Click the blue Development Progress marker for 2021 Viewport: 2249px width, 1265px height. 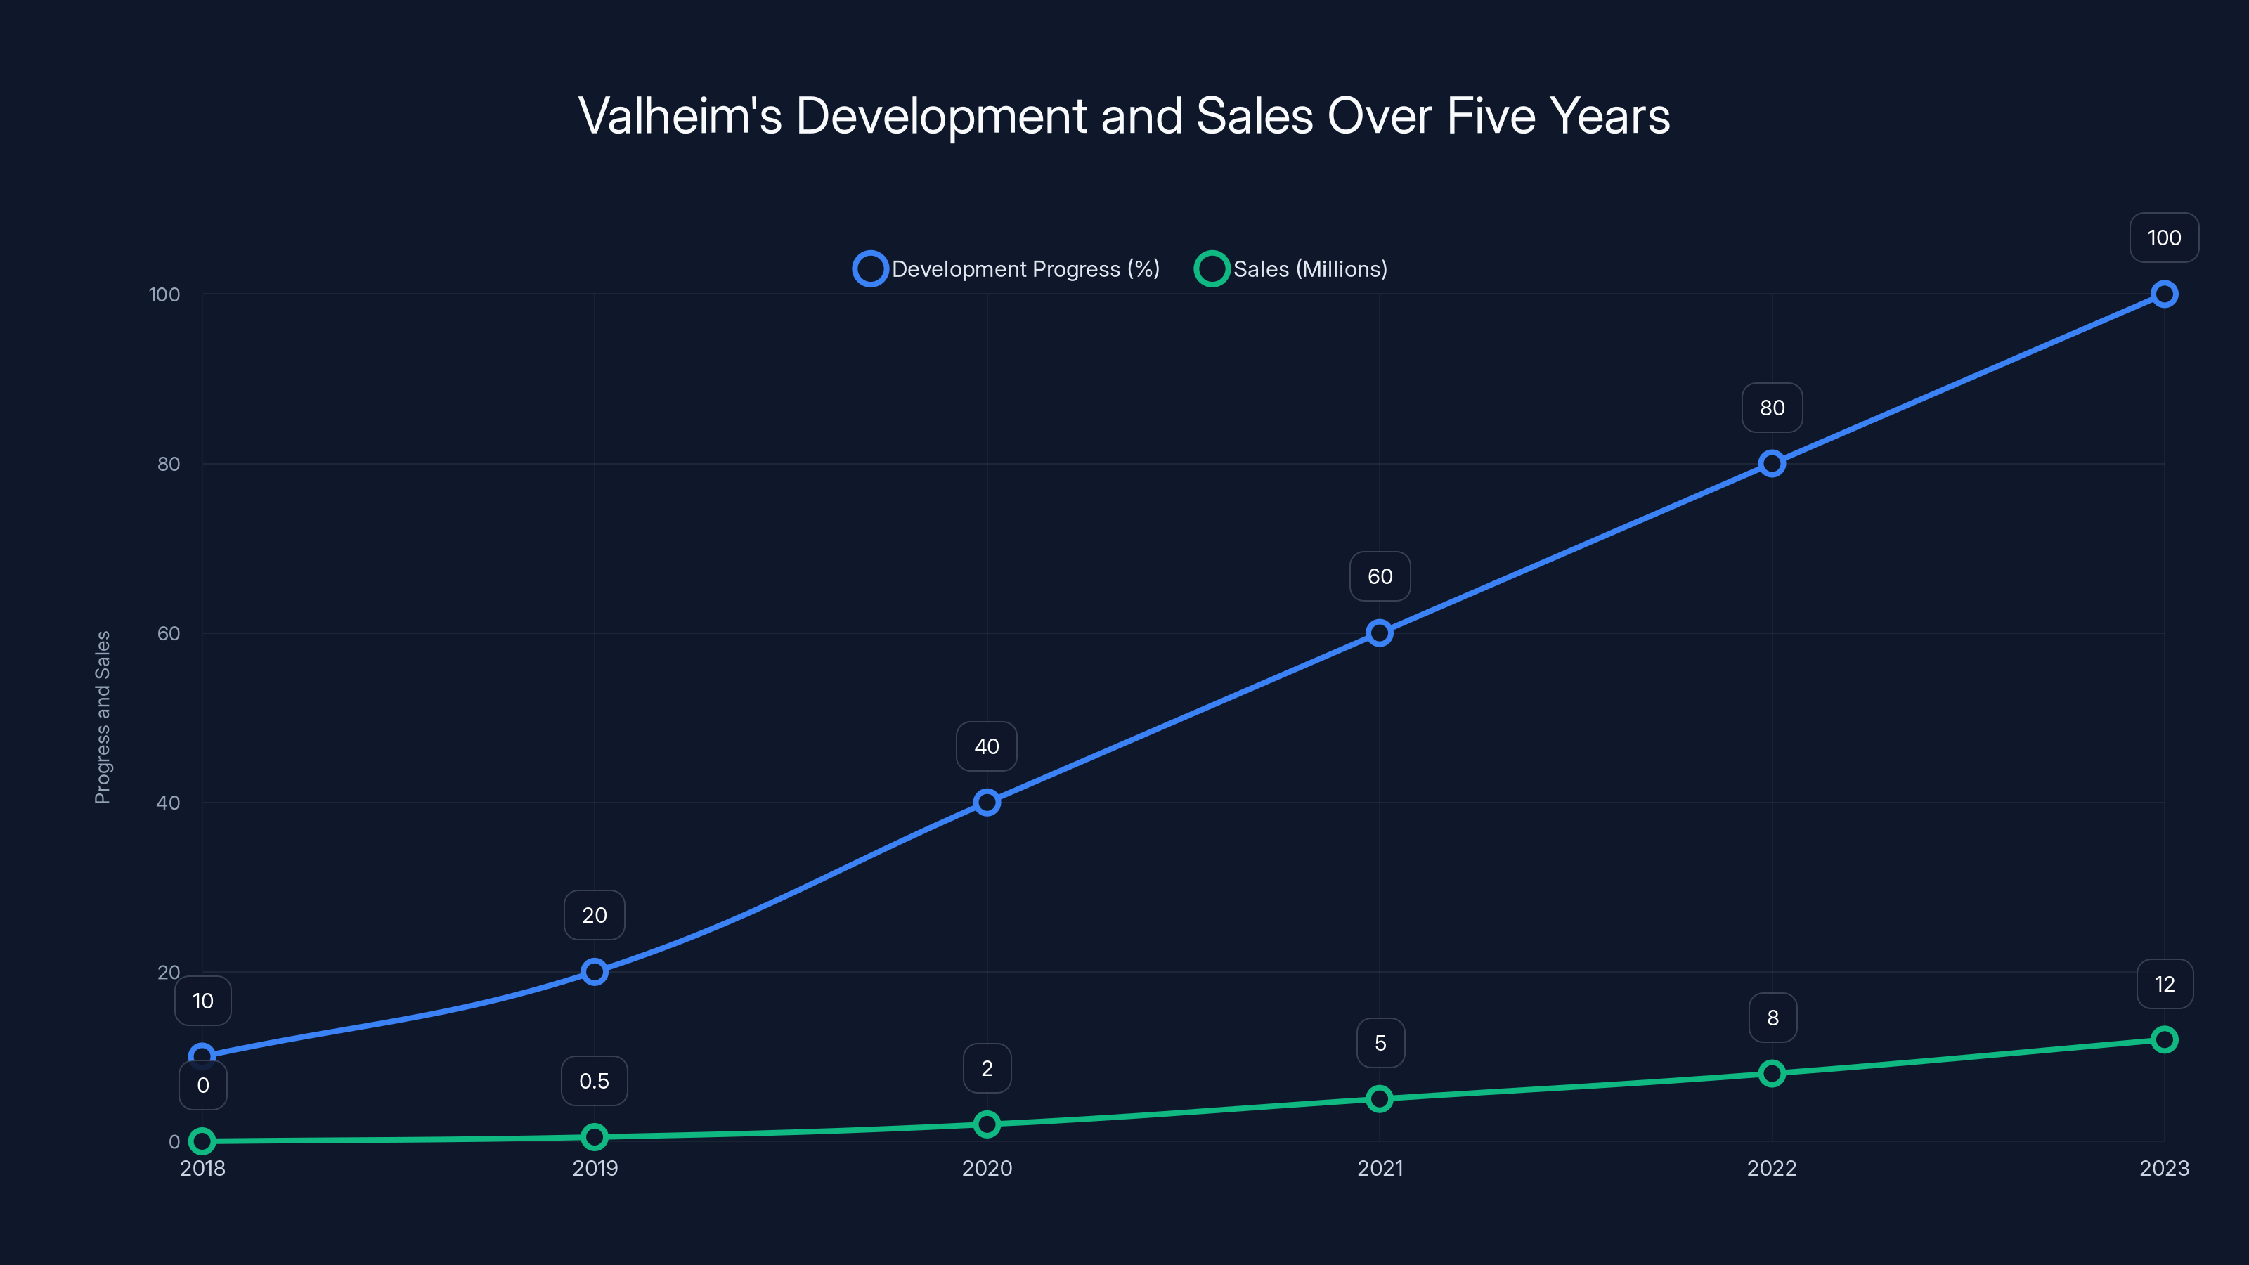click(x=1380, y=633)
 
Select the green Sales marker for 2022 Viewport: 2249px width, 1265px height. click(x=1771, y=1073)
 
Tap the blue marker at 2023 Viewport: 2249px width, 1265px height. click(x=2163, y=294)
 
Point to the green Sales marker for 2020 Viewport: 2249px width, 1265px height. click(x=987, y=1124)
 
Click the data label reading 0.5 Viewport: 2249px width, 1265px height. click(x=594, y=1081)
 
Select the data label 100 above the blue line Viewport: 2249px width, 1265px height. click(x=2163, y=238)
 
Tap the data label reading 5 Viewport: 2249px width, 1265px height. click(x=1380, y=1042)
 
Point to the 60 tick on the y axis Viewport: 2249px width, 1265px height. click(x=169, y=633)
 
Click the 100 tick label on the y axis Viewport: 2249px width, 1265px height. click(x=164, y=294)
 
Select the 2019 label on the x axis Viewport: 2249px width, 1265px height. click(x=595, y=1168)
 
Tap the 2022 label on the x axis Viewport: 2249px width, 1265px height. click(x=1771, y=1168)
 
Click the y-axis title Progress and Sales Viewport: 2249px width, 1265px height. click(x=102, y=717)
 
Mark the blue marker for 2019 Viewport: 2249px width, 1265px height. click(x=594, y=972)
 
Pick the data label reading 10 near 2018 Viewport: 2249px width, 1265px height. click(x=202, y=1001)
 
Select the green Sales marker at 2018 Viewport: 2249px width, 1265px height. click(x=202, y=1141)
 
